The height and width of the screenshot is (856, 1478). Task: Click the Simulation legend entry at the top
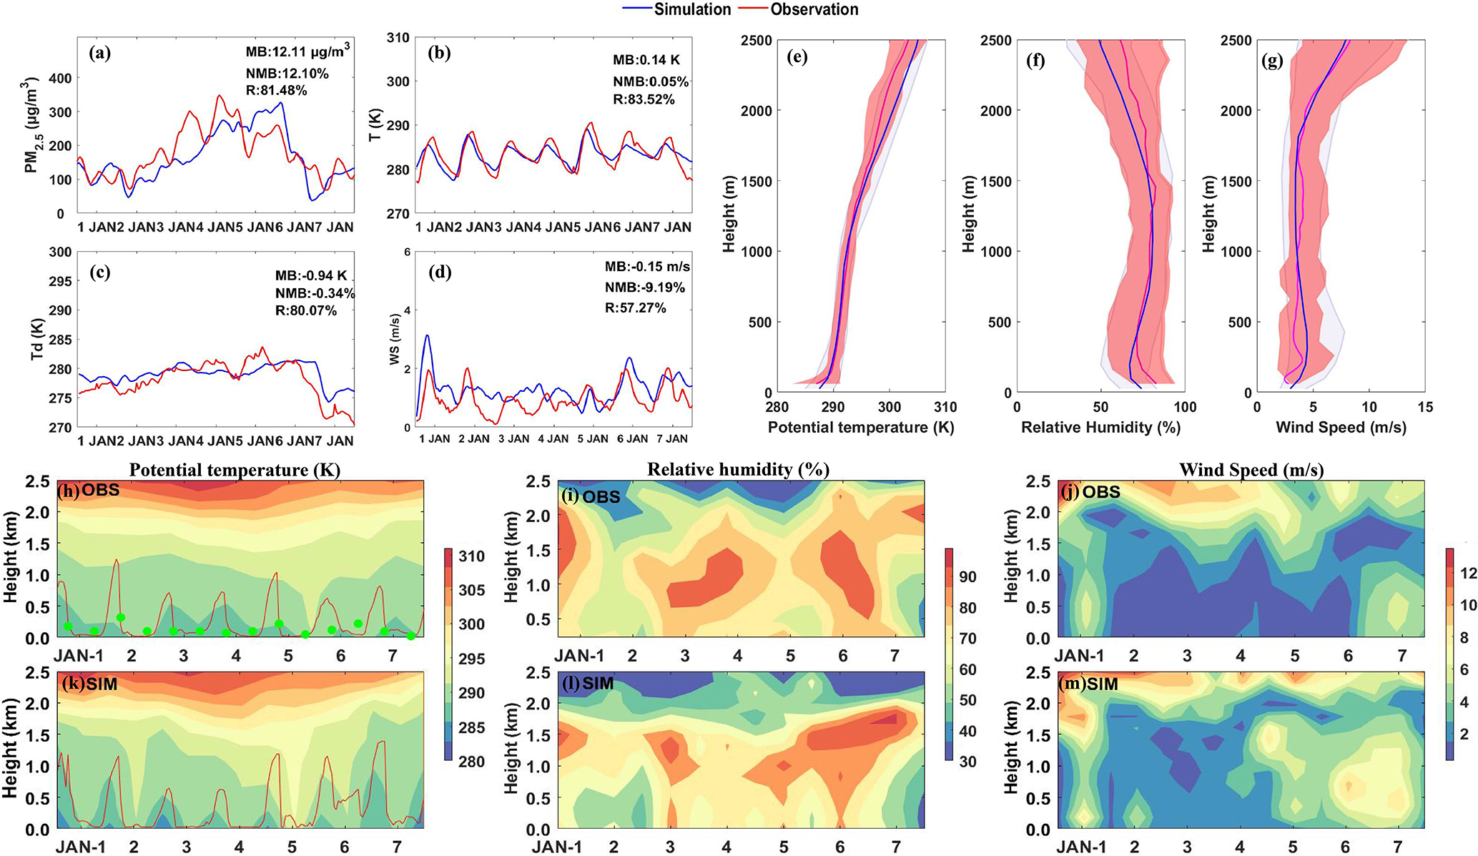691,9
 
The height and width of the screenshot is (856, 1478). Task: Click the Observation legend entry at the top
814,9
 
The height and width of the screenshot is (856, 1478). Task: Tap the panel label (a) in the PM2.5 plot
100,53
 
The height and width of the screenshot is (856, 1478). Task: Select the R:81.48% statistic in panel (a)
276,91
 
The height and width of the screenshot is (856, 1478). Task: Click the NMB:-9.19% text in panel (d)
644,287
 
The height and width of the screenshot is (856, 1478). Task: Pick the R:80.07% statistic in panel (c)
305,310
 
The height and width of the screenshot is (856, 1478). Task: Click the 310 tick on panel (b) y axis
398,37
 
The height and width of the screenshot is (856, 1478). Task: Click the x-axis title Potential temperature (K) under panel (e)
861,428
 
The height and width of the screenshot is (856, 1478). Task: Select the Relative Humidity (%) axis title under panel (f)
1100,428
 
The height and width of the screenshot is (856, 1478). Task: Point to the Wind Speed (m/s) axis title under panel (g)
1341,428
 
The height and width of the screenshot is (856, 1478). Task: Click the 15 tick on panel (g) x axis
1424,408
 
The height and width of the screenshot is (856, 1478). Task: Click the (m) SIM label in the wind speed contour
1088,684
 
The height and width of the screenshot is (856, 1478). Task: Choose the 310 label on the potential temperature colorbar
471,556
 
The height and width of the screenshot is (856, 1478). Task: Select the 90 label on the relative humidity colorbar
967,577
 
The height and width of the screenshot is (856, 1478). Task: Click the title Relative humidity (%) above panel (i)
738,470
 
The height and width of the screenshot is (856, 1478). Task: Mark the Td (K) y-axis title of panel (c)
37,338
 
